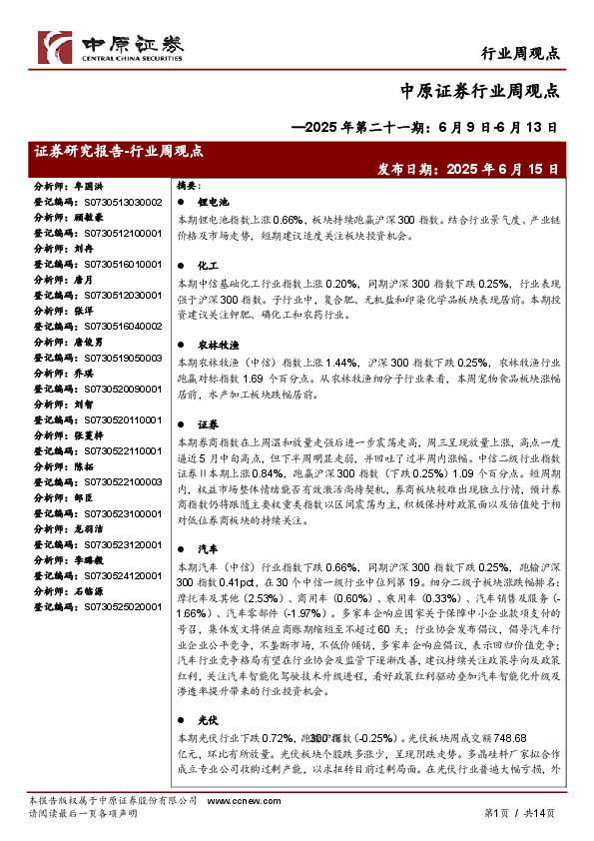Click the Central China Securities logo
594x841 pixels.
(111, 47)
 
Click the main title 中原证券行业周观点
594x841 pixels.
(479, 91)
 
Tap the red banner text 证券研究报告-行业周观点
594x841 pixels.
(119, 152)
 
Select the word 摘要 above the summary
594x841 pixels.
(189, 186)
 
